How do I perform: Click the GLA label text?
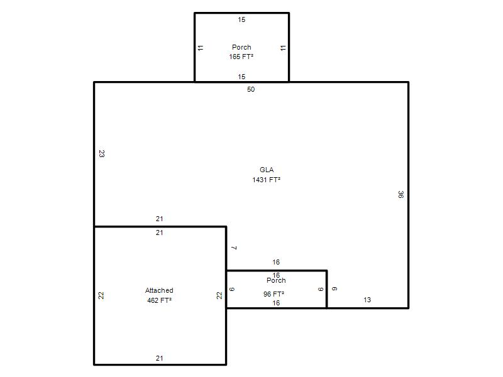tap(267, 170)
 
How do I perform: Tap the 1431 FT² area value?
tap(266, 180)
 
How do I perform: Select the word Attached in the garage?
tap(159, 290)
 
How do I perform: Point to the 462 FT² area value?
tap(159, 300)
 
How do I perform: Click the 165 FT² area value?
tap(241, 57)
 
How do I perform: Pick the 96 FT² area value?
tap(274, 294)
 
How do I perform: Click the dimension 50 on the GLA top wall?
tap(251, 89)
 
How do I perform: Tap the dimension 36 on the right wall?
tap(401, 194)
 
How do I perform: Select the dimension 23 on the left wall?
tap(101, 154)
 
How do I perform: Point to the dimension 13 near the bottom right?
tap(367, 300)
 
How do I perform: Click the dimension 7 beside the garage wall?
tap(234, 248)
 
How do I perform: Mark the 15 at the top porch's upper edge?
tap(241, 19)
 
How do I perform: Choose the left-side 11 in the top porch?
tap(201, 48)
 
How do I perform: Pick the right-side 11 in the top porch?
tap(282, 48)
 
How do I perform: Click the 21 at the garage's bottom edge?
tap(160, 358)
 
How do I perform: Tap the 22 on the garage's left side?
tap(101, 295)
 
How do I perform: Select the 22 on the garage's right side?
tap(219, 295)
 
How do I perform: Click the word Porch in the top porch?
tap(241, 47)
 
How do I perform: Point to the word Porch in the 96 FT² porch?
tap(276, 280)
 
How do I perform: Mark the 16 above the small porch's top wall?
tap(276, 262)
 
